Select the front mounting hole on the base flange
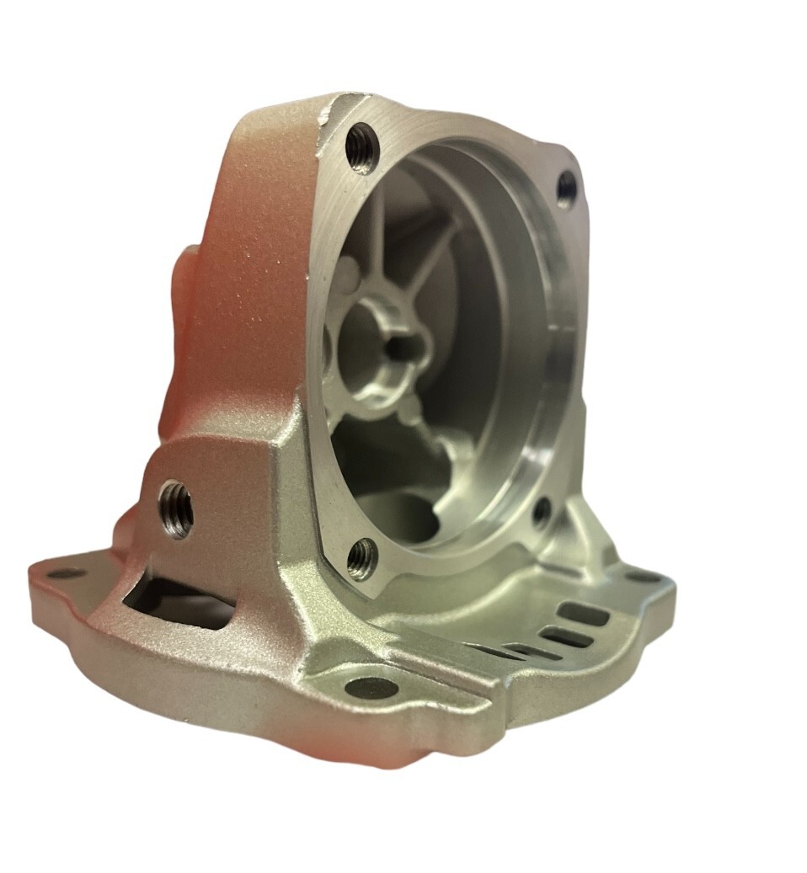(371, 688)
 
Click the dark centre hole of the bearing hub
(397, 345)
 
